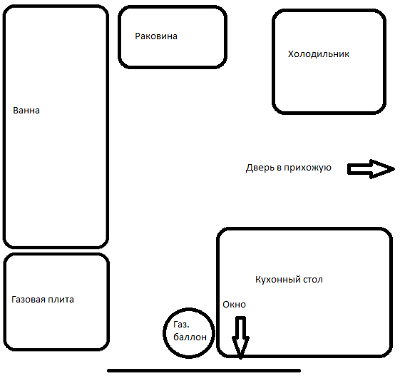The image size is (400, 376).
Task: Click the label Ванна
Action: pos(26,111)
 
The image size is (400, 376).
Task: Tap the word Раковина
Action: pos(156,36)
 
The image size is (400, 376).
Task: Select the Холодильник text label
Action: pos(319,54)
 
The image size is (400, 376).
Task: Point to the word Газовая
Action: pos(29,300)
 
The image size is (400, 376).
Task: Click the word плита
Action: pos(61,300)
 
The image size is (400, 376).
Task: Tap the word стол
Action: pos(313,280)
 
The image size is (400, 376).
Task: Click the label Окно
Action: pos(234,305)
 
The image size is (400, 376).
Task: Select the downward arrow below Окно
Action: pos(240,337)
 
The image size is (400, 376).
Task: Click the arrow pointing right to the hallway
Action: pos(371,169)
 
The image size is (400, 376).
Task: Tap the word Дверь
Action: pos(260,168)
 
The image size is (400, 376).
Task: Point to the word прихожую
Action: pos(307,168)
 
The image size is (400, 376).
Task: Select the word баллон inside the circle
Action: pos(190,337)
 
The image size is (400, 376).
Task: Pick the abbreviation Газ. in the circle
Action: pos(181,325)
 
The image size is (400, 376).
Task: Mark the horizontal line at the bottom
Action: pos(204,370)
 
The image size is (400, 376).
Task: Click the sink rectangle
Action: pos(173,6)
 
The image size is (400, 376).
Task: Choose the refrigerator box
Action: pos(329,10)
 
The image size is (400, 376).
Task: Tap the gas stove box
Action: pos(56,254)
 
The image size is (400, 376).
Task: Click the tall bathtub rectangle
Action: pos(56,6)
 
